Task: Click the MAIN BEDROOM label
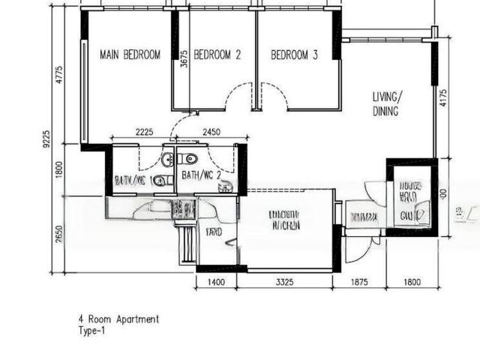(x=130, y=55)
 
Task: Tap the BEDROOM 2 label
(x=217, y=55)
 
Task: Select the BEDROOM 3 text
(x=294, y=55)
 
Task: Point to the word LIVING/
(x=388, y=97)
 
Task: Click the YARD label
(x=214, y=233)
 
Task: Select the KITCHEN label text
(x=285, y=225)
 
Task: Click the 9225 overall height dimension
(x=46, y=140)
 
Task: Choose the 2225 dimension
(x=145, y=132)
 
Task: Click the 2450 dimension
(x=212, y=132)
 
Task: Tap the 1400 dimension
(x=216, y=283)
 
